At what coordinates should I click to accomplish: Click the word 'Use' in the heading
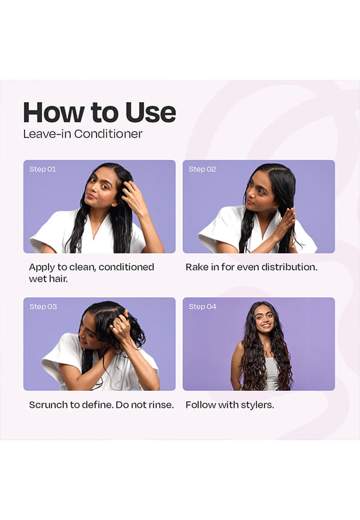click(151, 112)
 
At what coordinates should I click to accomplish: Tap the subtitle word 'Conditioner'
click(108, 134)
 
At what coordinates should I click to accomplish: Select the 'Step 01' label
click(43, 169)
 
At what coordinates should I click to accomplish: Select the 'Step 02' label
click(202, 169)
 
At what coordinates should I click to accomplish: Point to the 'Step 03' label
click(43, 306)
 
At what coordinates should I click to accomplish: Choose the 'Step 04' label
click(202, 306)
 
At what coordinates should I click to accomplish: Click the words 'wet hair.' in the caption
click(48, 279)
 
